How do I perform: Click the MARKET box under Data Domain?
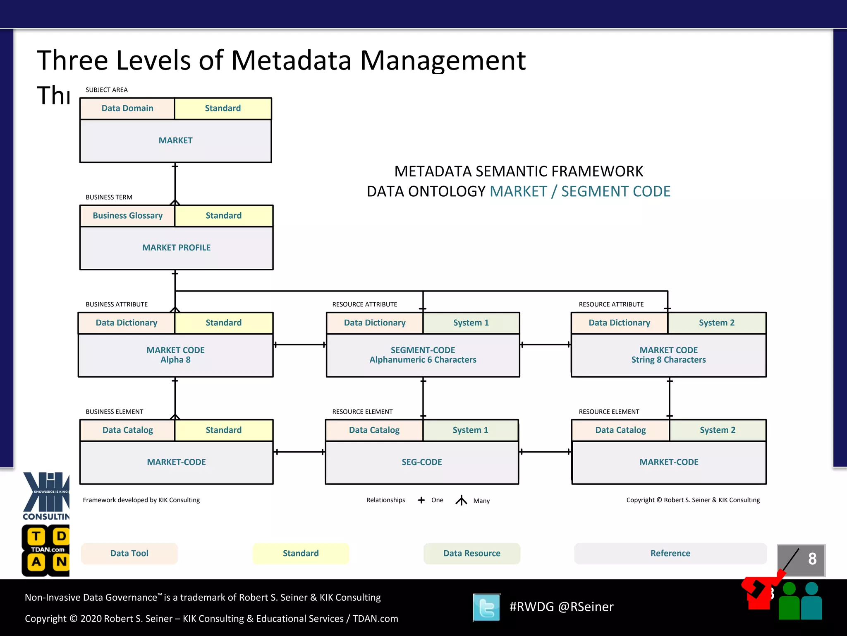tap(175, 141)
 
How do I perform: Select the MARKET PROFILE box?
tap(176, 248)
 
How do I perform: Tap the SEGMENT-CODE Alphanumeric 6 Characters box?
tap(423, 355)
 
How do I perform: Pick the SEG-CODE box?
tap(422, 462)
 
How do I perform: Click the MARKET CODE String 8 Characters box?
tap(668, 355)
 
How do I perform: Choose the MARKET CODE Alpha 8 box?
tap(175, 355)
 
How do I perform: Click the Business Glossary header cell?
tap(127, 216)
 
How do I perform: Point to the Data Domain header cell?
tap(127, 108)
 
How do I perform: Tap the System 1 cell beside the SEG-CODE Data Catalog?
tap(470, 430)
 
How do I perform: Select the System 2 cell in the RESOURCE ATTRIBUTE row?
tap(717, 323)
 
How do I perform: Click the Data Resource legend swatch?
tap(471, 554)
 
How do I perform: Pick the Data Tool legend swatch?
tap(129, 554)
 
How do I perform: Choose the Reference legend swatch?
tap(670, 554)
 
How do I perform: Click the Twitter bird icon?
tap(487, 607)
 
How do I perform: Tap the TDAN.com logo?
tap(45, 550)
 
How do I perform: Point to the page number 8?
tap(812, 559)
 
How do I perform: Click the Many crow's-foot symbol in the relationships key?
tap(461, 501)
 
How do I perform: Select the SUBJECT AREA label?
tap(106, 90)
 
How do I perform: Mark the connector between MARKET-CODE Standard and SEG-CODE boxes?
tap(299, 452)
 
